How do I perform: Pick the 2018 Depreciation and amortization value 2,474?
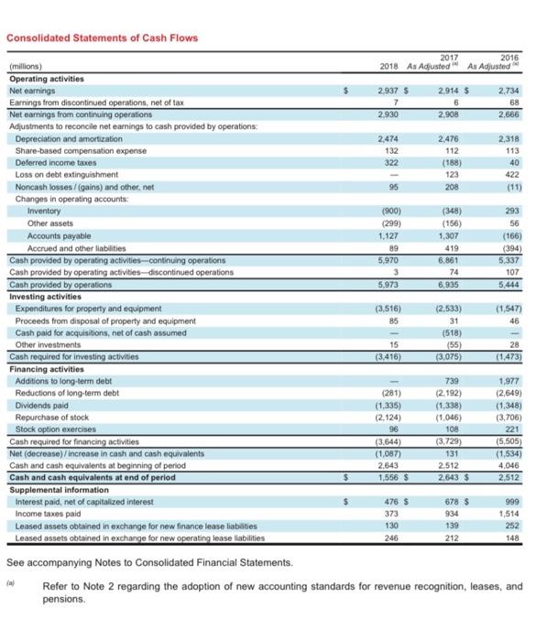(x=390, y=136)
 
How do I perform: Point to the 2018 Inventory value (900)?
(x=389, y=211)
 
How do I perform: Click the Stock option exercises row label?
(x=54, y=428)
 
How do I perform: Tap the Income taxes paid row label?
(x=45, y=514)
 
